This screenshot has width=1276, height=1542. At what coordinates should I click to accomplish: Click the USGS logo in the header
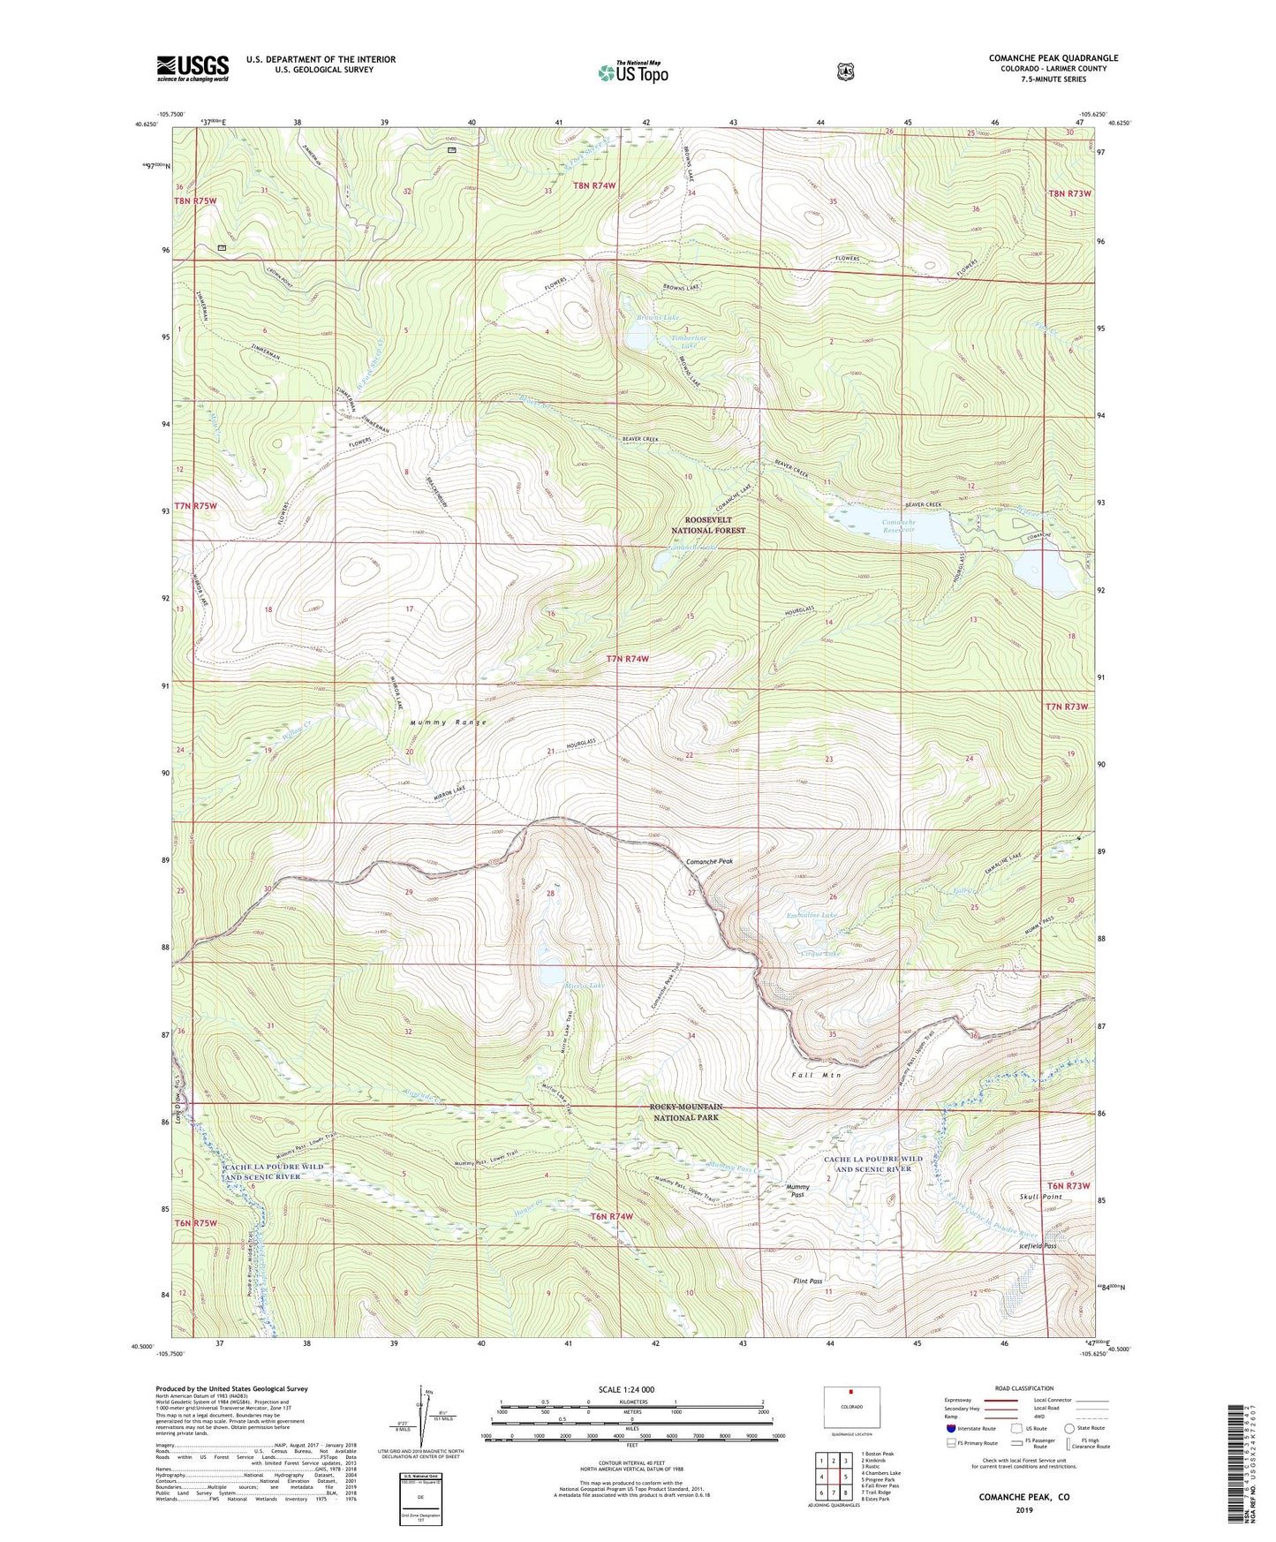coord(193,68)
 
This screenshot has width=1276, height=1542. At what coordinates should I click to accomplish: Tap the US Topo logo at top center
coord(632,72)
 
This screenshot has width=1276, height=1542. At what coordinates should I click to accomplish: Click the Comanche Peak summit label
coord(709,861)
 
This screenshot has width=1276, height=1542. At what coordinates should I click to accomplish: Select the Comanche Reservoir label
coord(899,527)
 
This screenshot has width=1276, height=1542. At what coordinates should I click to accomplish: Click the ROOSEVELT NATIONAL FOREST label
coord(708,525)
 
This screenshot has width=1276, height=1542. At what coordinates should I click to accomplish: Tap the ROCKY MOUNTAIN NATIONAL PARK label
coord(686,1112)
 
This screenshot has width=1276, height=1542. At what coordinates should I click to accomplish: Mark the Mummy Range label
coord(448,722)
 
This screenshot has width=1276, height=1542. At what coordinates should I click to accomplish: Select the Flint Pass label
coord(807,1281)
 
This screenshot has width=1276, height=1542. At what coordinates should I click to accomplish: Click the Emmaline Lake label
coord(812,916)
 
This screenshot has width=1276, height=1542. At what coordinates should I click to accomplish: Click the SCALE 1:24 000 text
coord(626,1389)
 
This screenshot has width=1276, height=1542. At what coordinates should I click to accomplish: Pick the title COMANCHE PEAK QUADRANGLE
coord(1053,58)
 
